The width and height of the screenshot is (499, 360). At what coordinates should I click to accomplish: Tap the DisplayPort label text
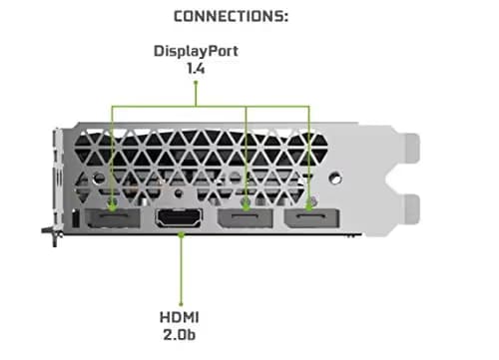click(x=196, y=50)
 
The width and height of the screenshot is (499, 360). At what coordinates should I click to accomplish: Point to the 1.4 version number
click(x=196, y=70)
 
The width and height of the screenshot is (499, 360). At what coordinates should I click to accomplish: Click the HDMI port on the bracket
click(x=181, y=220)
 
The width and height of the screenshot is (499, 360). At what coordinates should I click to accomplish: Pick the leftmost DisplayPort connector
click(x=114, y=220)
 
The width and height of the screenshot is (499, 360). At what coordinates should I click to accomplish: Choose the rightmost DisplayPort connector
click(x=310, y=220)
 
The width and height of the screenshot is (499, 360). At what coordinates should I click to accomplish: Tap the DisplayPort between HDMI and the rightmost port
click(x=246, y=220)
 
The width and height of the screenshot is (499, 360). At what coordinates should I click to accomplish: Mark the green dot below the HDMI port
click(x=181, y=235)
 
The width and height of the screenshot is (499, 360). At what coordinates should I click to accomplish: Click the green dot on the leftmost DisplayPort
click(x=114, y=207)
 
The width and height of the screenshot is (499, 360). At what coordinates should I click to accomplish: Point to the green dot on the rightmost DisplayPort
click(x=310, y=206)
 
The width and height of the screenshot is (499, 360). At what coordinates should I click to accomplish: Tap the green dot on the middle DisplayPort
click(x=246, y=206)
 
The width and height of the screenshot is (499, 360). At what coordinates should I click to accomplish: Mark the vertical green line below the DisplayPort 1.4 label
click(x=196, y=92)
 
